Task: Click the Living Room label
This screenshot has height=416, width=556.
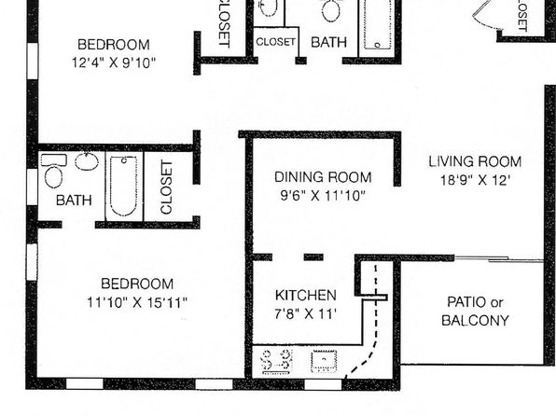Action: pos(475,161)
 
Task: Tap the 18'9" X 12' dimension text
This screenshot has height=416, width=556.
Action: pos(475,180)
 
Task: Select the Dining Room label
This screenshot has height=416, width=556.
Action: pos(323,177)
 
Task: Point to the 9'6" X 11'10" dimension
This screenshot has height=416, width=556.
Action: pos(323,196)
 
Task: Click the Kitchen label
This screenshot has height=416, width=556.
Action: pos(306,295)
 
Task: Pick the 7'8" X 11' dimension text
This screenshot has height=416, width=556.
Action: pos(305,313)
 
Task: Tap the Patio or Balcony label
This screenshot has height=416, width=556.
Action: pos(475,311)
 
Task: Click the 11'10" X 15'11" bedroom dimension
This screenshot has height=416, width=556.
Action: pos(137,302)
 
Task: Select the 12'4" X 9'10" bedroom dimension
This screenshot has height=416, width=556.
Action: pos(114,62)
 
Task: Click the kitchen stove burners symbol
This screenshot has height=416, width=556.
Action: pos(277,362)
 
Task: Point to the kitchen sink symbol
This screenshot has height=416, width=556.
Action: pos(324,361)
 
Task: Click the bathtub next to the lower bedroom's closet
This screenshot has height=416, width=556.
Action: pos(123,187)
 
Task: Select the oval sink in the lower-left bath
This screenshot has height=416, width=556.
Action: pos(87,161)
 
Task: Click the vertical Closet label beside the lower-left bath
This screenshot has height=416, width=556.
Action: pos(166,187)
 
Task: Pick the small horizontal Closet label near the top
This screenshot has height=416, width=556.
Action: pos(275,42)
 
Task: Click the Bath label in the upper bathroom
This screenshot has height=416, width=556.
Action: pos(328,42)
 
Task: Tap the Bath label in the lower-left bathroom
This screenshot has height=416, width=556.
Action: pos(74,201)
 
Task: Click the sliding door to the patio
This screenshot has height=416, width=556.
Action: pos(498,259)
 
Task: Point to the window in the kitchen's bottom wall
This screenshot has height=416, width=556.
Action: pos(323,384)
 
